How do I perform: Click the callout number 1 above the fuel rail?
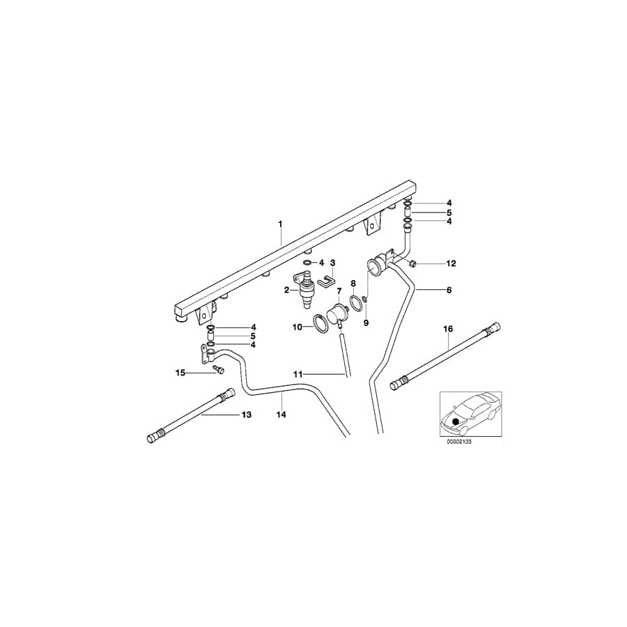click(281, 224)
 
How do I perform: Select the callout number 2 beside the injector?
click(286, 289)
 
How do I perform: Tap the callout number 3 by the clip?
click(333, 263)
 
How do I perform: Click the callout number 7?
click(340, 291)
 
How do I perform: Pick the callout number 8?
click(353, 284)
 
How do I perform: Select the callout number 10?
click(297, 326)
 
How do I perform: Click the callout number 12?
click(451, 263)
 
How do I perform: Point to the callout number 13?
click(245, 415)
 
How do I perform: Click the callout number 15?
click(180, 373)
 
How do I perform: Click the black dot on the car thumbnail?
click(456, 421)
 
